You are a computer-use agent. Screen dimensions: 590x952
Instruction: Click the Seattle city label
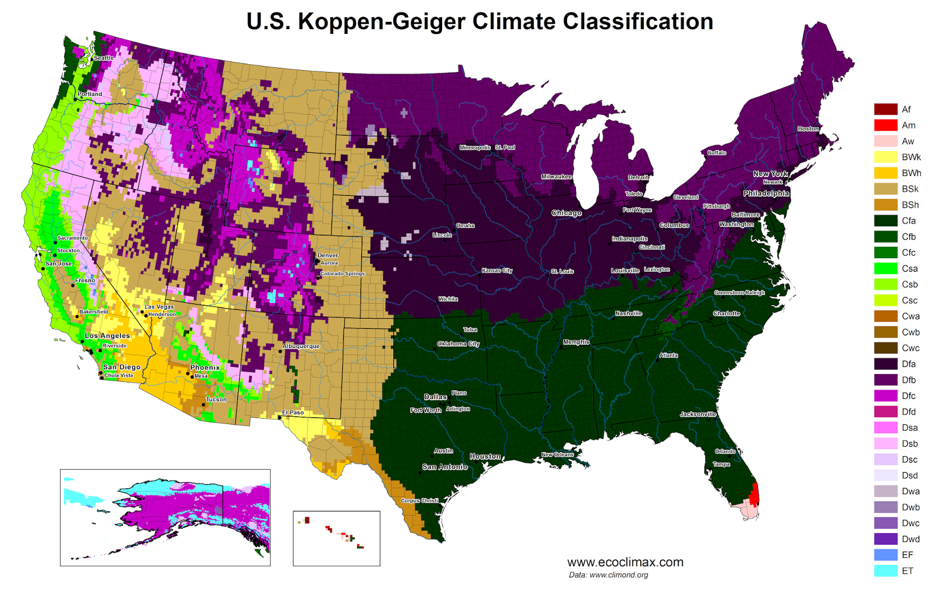click(104, 58)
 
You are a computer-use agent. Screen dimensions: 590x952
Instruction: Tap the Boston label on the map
click(808, 128)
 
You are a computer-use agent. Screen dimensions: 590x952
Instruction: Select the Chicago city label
click(566, 213)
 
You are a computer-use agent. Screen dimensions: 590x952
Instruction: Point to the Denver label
click(328, 255)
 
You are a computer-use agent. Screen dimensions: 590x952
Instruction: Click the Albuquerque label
click(301, 346)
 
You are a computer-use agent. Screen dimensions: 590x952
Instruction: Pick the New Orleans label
click(558, 454)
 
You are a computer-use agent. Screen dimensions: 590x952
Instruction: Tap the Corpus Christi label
click(419, 501)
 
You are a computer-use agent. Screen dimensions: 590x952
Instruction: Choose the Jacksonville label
click(698, 414)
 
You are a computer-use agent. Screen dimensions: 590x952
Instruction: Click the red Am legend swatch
click(885, 125)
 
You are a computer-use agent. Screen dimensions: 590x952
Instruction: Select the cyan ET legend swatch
click(885, 571)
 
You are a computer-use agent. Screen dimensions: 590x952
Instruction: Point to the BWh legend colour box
click(885, 173)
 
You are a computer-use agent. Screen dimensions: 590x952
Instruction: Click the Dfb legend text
click(909, 380)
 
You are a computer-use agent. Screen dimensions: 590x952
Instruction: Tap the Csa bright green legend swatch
click(885, 268)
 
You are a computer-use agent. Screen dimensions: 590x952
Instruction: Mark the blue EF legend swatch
click(885, 555)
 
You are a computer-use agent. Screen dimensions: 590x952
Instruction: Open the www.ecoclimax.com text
click(625, 562)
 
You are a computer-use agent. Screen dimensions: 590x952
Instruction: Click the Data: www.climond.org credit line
click(608, 575)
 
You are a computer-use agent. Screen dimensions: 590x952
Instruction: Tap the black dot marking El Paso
click(280, 418)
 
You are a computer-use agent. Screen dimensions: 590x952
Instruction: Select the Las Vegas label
click(159, 307)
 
